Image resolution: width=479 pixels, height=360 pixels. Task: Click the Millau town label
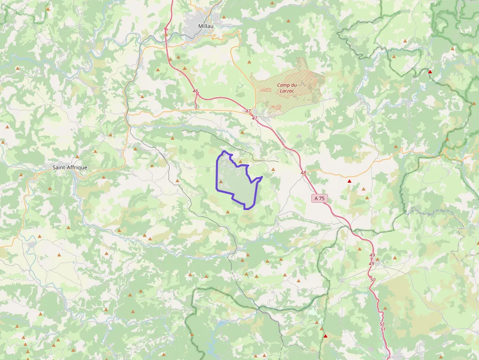tap(206, 26)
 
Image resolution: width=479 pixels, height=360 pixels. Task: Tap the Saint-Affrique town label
tap(70, 168)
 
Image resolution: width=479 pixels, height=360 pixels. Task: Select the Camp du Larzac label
tap(288, 88)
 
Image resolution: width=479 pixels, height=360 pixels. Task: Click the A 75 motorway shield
tap(320, 198)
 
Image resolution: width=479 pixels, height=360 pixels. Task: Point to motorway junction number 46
tap(196, 91)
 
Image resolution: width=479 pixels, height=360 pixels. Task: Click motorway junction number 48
tap(303, 173)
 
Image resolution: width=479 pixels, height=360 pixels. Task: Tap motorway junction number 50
tap(373, 280)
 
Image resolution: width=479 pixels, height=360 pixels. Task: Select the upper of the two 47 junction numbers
tap(248, 111)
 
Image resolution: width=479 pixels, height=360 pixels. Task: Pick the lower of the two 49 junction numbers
tap(371, 264)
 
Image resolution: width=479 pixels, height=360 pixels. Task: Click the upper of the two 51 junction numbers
tap(382, 324)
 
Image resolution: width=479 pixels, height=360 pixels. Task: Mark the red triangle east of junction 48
tap(349, 182)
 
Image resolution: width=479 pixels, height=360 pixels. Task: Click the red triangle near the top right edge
tap(430, 72)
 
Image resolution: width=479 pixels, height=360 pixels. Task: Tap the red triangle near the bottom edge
tap(326, 336)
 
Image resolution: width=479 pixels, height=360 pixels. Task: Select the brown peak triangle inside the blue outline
tap(221, 182)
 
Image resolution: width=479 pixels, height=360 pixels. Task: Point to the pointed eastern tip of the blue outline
tap(262, 177)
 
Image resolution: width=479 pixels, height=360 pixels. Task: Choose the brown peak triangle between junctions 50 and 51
tap(385, 308)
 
